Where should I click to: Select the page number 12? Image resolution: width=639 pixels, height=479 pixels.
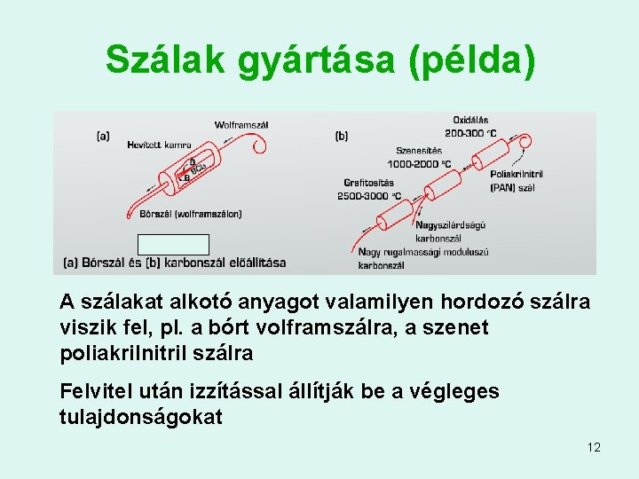point(594,447)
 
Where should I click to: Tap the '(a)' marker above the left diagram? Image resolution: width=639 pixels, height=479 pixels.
point(103,136)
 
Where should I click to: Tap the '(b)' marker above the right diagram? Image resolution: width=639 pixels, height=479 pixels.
point(342,136)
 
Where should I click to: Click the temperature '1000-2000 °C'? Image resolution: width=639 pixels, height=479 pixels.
point(419,164)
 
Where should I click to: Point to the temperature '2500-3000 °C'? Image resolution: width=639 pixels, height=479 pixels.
point(369,196)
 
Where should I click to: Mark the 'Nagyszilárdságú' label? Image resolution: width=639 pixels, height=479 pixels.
point(450,225)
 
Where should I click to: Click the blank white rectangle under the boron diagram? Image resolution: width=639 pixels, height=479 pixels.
point(173,245)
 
